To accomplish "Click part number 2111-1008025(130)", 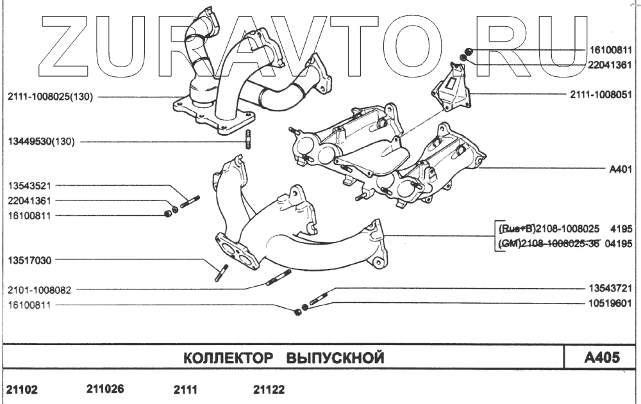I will coord(51,97).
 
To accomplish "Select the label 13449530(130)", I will coord(41,141).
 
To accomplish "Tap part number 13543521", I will coord(29,186).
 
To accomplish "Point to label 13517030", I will coord(29,261).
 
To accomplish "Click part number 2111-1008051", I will coord(601,95).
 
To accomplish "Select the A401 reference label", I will coord(620,170).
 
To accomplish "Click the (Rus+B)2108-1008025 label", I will coord(548,229).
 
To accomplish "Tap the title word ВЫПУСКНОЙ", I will coord(334,357).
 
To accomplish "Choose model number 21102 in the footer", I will coord(22,390).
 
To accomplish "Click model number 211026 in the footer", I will coord(104,389).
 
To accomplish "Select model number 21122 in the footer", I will coord(269,389).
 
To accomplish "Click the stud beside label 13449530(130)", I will coord(247,140).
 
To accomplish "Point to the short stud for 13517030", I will coord(221,273).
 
